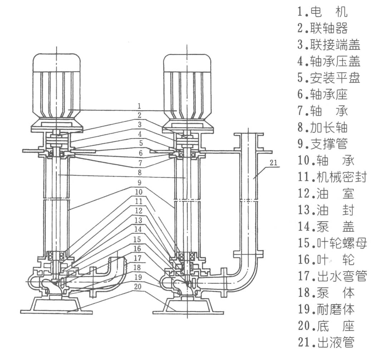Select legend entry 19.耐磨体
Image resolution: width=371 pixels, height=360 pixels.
pyautogui.click(x=326, y=309)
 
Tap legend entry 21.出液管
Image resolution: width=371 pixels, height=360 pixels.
pyautogui.click(x=326, y=342)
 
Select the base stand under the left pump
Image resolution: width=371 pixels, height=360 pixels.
pyautogui.click(x=57, y=306)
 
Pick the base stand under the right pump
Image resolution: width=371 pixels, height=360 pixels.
pyautogui.click(x=188, y=306)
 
